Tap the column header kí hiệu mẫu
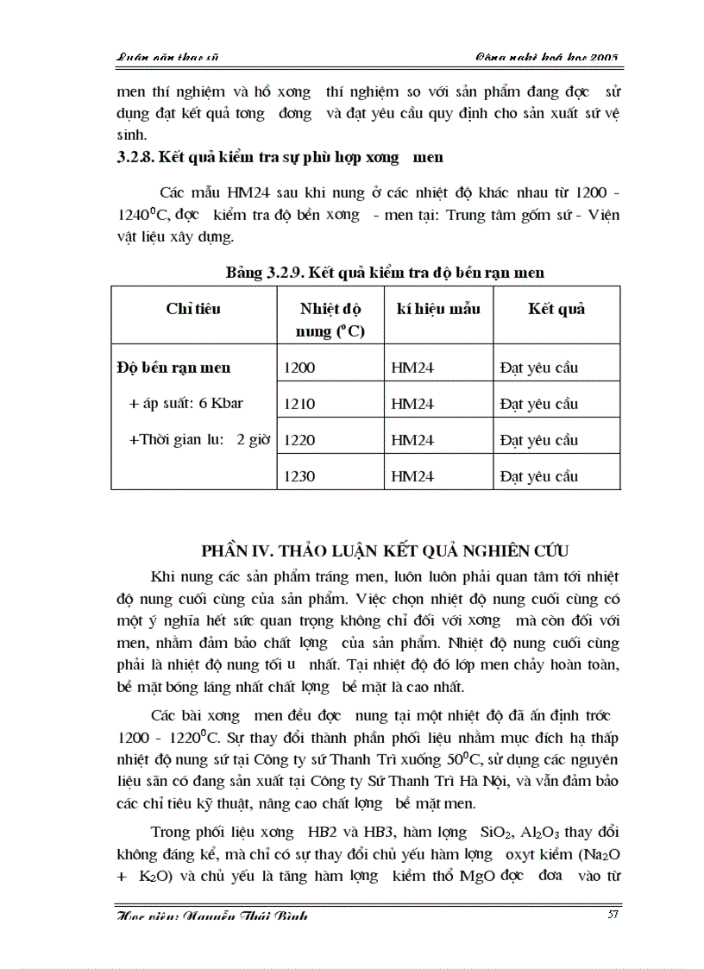[438, 309]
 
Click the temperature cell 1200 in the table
[299, 368]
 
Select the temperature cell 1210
[299, 405]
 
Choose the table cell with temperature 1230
[299, 476]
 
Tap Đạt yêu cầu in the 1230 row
[538, 476]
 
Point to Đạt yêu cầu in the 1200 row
[538, 368]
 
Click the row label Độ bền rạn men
[173, 368]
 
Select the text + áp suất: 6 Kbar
[177, 404]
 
